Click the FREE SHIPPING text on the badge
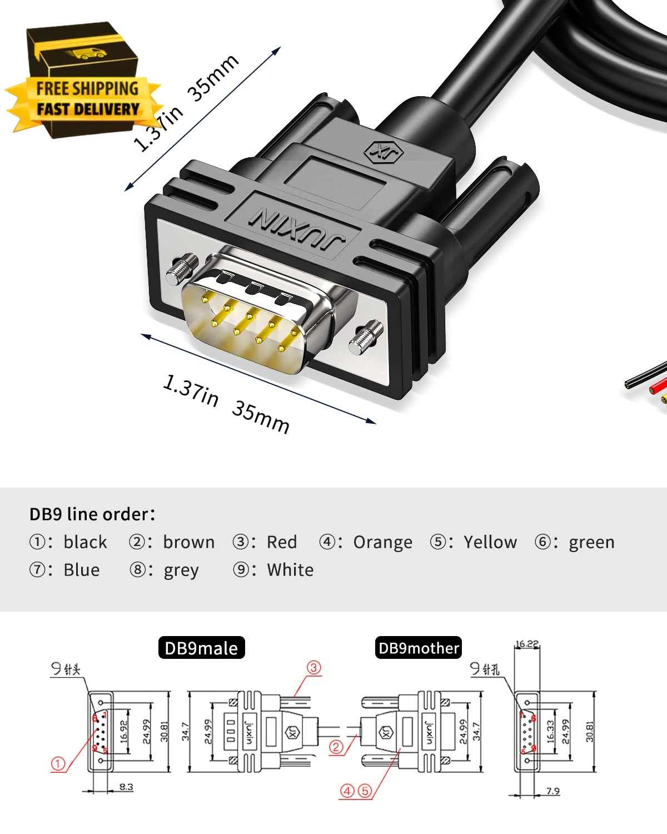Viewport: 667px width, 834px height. coord(87,88)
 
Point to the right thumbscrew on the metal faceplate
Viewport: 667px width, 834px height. coord(367,337)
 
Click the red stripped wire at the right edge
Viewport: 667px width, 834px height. coord(659,384)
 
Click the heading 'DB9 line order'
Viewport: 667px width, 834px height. coord(92,514)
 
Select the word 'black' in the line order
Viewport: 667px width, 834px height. coord(85,542)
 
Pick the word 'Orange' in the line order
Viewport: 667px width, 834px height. coord(382,542)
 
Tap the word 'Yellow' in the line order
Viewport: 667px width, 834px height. coord(490,542)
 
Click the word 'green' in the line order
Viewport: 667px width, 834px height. coord(591,542)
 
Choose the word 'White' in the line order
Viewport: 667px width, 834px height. coord(290,570)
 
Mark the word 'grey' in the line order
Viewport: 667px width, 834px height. coord(181,570)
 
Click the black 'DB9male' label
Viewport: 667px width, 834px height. coord(201,648)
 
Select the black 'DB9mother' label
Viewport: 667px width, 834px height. coord(419,648)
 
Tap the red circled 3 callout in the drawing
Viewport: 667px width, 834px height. coord(314,667)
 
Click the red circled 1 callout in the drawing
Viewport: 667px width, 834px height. coord(58,764)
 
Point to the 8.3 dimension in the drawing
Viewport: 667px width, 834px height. coord(126,787)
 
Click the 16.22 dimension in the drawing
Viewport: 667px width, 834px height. coord(526,644)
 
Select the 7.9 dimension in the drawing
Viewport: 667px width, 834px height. coord(552,791)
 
